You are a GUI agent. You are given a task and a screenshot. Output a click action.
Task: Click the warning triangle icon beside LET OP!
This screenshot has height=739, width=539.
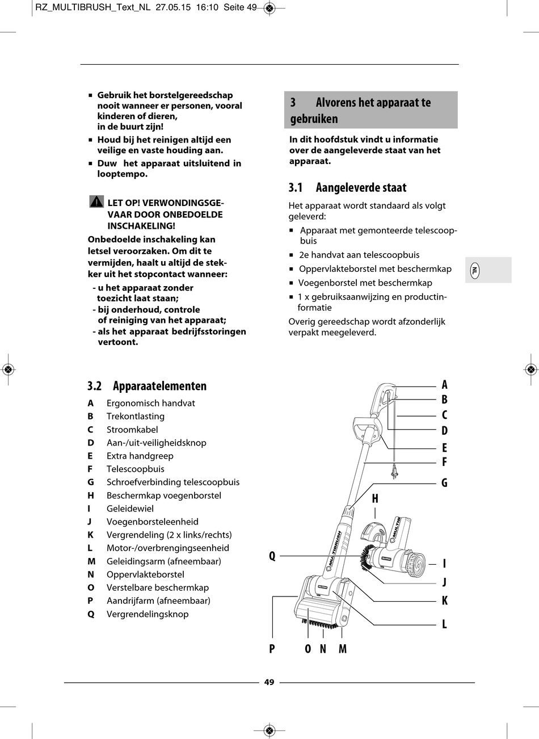pos(96,201)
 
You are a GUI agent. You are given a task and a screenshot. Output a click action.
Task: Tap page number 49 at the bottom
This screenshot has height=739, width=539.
pos(269,682)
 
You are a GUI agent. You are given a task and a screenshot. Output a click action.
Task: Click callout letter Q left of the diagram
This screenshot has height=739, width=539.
pos(272,556)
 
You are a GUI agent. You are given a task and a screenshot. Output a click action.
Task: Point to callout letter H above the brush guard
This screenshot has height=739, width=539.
pos(375,499)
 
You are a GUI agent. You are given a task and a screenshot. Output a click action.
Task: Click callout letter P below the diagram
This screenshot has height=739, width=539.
pos(272,649)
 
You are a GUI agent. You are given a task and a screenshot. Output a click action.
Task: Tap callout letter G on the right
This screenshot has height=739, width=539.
pos(444,483)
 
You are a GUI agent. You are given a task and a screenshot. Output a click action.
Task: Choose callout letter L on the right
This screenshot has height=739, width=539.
pos(444,624)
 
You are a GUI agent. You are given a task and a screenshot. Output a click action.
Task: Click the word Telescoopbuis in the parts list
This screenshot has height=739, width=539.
pos(136,469)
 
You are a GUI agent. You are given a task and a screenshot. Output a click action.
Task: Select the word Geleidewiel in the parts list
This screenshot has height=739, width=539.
pos(130,509)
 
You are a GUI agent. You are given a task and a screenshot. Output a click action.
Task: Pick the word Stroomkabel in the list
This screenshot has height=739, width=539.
pos(132,430)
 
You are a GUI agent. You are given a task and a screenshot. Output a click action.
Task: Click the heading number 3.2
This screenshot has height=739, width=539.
pos(94,386)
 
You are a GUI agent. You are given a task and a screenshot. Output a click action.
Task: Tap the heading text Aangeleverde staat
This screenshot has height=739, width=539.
pos(361,187)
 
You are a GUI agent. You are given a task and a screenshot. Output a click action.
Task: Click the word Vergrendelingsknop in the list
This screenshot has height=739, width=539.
pos(148,614)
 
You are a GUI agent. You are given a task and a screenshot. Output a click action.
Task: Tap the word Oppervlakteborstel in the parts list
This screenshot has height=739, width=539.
pos(145,574)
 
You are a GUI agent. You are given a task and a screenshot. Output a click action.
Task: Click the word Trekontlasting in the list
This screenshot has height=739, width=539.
pos(136,416)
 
